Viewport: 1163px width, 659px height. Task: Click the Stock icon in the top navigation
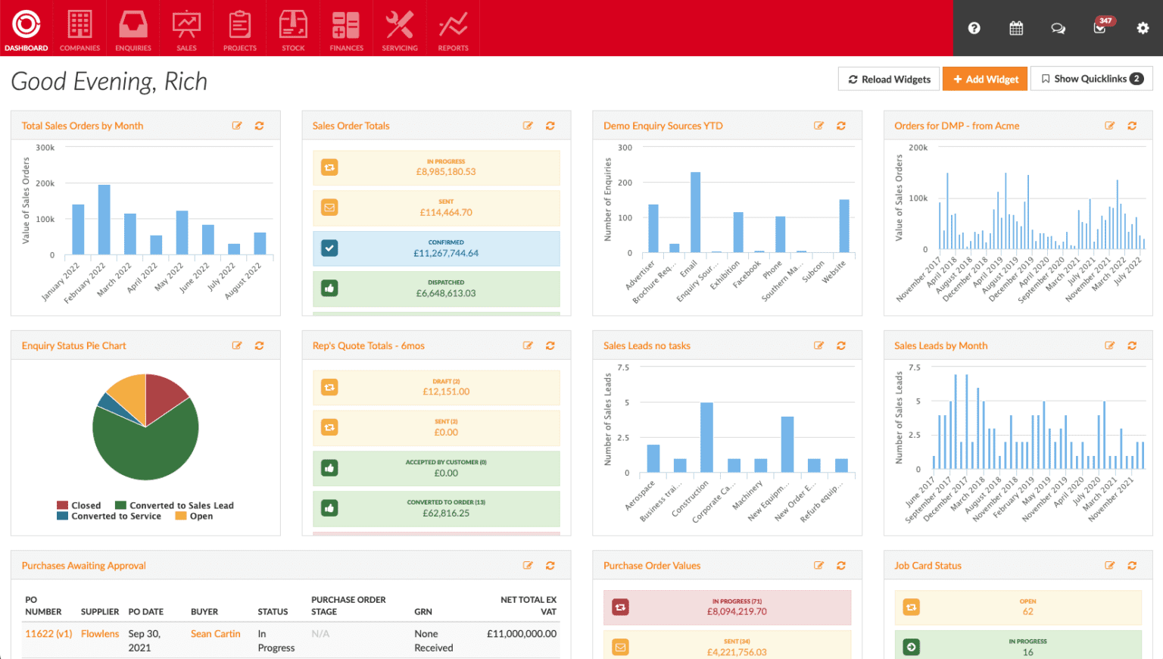tap(293, 30)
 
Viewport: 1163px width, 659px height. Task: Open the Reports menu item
tap(453, 30)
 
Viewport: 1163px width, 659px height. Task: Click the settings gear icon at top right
tap(1143, 28)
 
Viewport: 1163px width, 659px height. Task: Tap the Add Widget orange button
tap(985, 79)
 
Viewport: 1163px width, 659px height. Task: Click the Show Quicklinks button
tap(1091, 79)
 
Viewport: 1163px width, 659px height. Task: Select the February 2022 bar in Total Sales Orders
tap(104, 220)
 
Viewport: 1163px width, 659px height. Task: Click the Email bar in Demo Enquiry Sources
tap(695, 212)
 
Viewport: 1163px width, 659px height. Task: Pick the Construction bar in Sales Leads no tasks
tap(706, 438)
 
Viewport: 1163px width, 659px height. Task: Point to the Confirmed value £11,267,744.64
tap(446, 254)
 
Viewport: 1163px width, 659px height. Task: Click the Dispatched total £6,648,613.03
tap(446, 294)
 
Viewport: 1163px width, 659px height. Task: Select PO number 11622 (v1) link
tap(48, 634)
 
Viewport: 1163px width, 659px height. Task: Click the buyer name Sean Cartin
tap(216, 634)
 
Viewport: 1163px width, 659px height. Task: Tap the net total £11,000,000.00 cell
tap(522, 634)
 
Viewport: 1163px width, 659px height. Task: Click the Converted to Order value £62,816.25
tap(446, 514)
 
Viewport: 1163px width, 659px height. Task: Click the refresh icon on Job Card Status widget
tap(1132, 566)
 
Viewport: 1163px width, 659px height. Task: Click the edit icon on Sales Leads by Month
tap(1109, 345)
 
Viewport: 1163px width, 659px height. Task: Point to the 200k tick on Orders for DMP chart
tap(918, 148)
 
